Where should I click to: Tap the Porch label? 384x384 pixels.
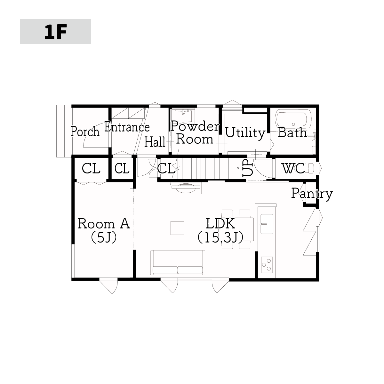[x=85, y=131]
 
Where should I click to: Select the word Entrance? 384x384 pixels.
[x=127, y=127]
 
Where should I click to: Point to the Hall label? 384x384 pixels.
[x=155, y=142]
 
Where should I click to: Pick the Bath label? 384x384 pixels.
[x=292, y=132]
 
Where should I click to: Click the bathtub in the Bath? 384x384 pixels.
[x=293, y=119]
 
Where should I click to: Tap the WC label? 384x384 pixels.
[x=293, y=168]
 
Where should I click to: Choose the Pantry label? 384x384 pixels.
[x=312, y=194]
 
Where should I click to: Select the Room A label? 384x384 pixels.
[x=104, y=223]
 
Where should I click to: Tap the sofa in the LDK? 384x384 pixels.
[x=178, y=263]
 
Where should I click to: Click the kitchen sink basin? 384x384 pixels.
[x=267, y=224]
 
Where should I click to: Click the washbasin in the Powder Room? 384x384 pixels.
[x=183, y=116]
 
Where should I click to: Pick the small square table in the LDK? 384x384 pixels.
[x=177, y=228]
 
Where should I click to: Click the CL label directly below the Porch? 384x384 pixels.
[x=91, y=169]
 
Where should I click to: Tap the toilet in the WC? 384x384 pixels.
[x=309, y=168]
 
